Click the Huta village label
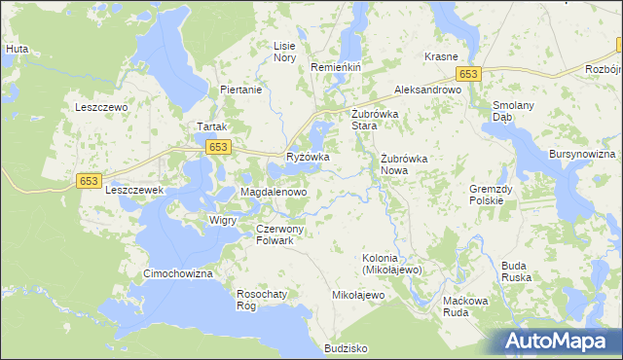[x=16, y=47]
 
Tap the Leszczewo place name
[x=102, y=108]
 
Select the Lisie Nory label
[x=284, y=52]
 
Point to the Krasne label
[x=441, y=57]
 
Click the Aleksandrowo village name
[x=426, y=90]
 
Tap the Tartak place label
[x=212, y=127]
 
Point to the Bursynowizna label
[x=581, y=155]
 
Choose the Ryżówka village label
[x=308, y=157]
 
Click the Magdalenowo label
[x=274, y=193]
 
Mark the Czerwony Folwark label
[x=280, y=234]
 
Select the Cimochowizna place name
[x=177, y=274]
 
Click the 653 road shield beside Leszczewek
[x=90, y=181]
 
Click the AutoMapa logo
[x=559, y=342]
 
